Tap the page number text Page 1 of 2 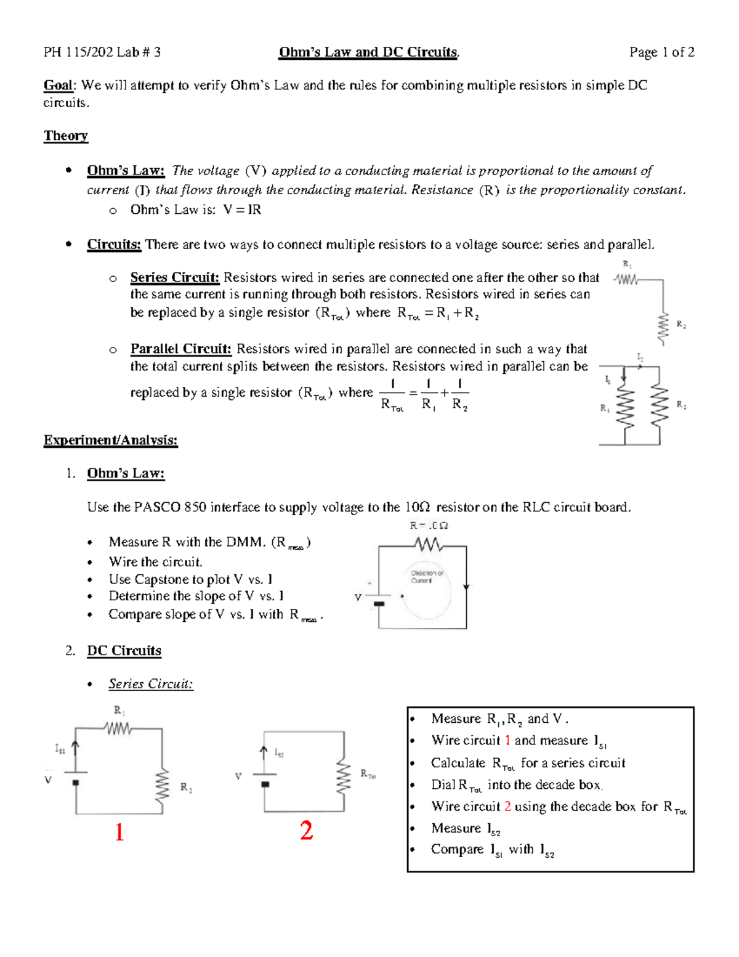click(661, 52)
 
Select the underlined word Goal click(59, 86)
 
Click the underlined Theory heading click(66, 136)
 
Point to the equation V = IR click(242, 210)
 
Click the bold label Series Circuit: click(174, 277)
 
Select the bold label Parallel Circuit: click(180, 349)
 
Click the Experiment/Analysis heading click(110, 440)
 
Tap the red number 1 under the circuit click(119, 832)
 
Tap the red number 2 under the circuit click(306, 831)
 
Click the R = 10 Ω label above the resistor click(429, 526)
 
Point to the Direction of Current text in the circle click(427, 577)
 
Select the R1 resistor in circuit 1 click(118, 729)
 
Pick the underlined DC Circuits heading click(124, 651)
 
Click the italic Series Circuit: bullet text click(151, 684)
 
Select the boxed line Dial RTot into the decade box click(516, 785)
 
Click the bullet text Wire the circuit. click(155, 562)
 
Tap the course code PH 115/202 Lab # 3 click(102, 52)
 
